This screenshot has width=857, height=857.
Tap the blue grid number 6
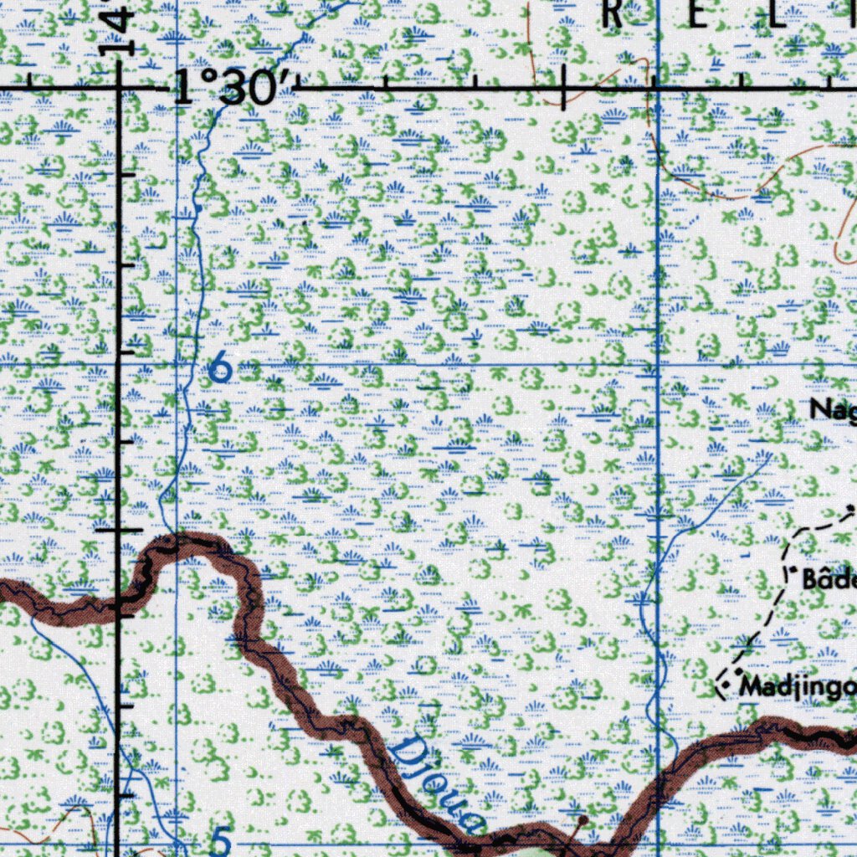click(220, 367)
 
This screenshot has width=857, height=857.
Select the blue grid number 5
click(221, 841)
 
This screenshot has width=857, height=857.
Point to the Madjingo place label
click(798, 688)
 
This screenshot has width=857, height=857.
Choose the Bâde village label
click(829, 578)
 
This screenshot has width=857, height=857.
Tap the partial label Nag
click(834, 409)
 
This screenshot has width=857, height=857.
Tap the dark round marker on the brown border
click(583, 819)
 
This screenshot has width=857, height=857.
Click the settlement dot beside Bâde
click(792, 570)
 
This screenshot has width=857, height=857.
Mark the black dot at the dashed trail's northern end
click(851, 507)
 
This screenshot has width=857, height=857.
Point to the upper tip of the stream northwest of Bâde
click(770, 454)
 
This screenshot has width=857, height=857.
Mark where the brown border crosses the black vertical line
click(121, 601)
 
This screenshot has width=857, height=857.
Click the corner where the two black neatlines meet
click(120, 86)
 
